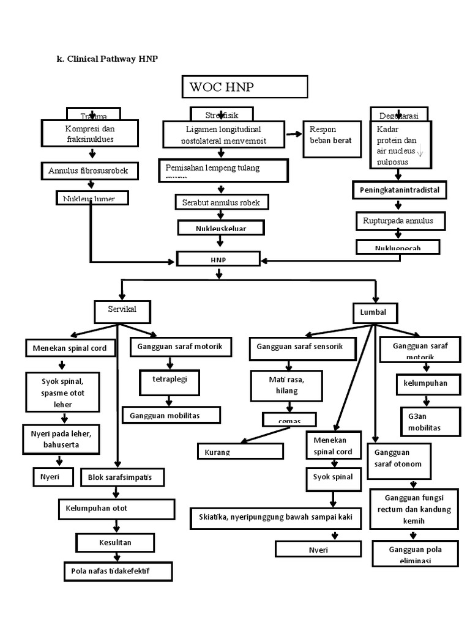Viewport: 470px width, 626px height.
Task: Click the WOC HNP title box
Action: (x=244, y=87)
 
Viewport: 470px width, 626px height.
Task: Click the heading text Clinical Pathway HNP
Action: (x=108, y=58)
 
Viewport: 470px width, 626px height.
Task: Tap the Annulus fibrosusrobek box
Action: (x=89, y=171)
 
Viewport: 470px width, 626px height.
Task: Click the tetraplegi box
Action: (x=169, y=380)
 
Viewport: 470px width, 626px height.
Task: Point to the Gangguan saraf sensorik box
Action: (x=303, y=347)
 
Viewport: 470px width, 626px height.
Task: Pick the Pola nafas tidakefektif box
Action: (x=118, y=571)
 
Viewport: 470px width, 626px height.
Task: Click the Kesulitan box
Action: (x=116, y=542)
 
